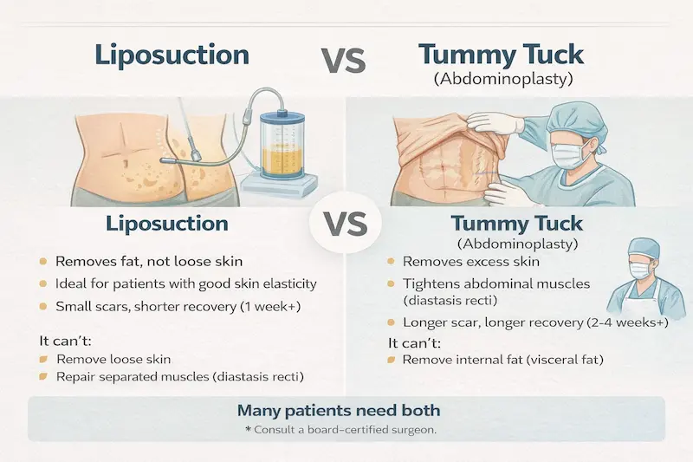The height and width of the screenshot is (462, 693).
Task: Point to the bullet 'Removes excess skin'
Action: coord(470,261)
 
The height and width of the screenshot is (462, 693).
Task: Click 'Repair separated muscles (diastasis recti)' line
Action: coord(183,377)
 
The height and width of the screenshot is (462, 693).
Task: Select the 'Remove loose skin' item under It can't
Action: coord(113,358)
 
